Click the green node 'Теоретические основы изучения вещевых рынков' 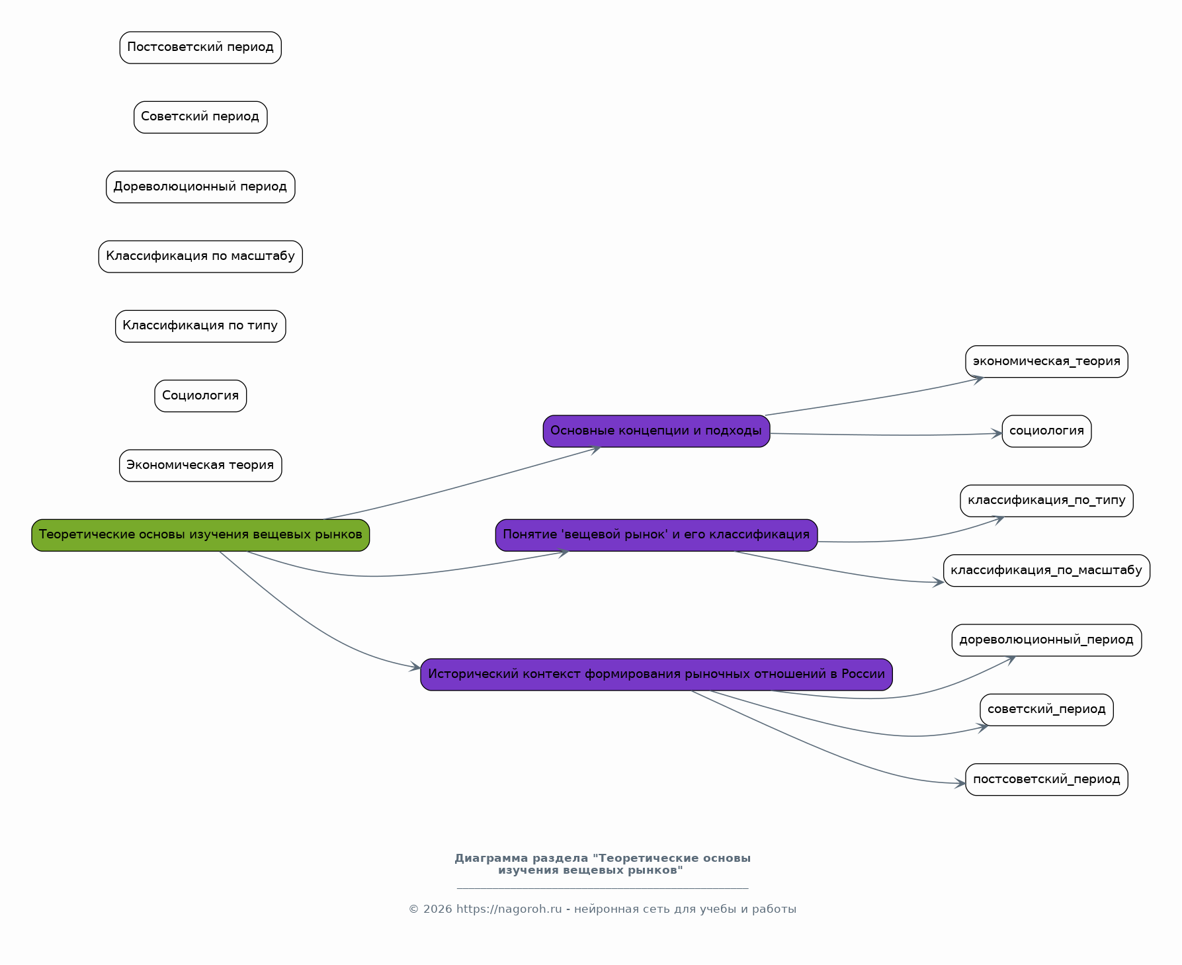pyautogui.click(x=200, y=535)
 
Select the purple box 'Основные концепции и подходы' pyautogui.click(x=656, y=431)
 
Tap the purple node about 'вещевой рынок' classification pyautogui.click(x=656, y=535)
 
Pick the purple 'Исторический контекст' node pyautogui.click(x=656, y=675)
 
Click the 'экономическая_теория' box pyautogui.click(x=1046, y=362)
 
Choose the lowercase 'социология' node pyautogui.click(x=1046, y=431)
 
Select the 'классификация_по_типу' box pyautogui.click(x=1046, y=501)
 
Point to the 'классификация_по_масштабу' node pyautogui.click(x=1046, y=571)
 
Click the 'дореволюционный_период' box pyautogui.click(x=1046, y=640)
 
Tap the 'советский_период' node pyautogui.click(x=1046, y=710)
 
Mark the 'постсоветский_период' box pyautogui.click(x=1046, y=780)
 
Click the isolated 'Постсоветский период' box pyautogui.click(x=200, y=48)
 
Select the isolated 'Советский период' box pyautogui.click(x=200, y=117)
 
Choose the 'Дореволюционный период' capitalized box pyautogui.click(x=200, y=187)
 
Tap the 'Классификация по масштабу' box pyautogui.click(x=200, y=257)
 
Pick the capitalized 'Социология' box pyautogui.click(x=200, y=396)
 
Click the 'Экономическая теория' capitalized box pyautogui.click(x=200, y=466)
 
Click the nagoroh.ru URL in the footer pyautogui.click(x=509, y=909)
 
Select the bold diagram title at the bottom pyautogui.click(x=602, y=864)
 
